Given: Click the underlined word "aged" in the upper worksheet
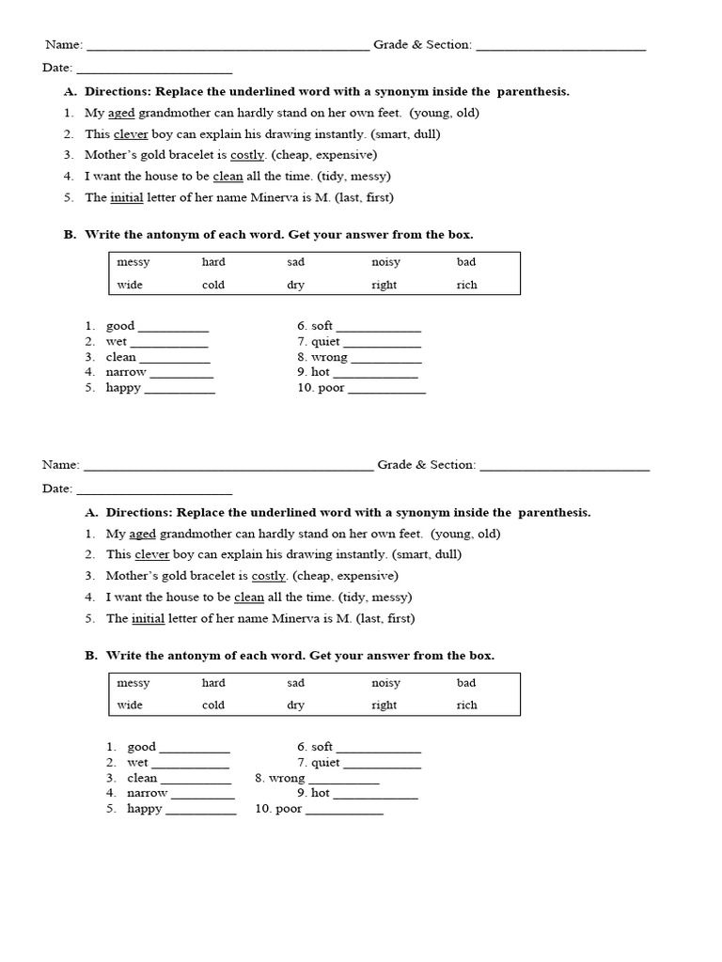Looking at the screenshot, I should [122, 113].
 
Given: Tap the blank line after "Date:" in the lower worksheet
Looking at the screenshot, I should [154, 489].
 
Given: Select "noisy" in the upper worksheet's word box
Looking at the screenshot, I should [385, 262].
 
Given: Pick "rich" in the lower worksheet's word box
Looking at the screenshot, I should [467, 705].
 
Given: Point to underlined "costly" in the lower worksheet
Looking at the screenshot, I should [269, 576].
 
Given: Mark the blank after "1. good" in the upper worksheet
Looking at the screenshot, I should [173, 327].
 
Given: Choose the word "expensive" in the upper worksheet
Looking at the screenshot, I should [346, 155].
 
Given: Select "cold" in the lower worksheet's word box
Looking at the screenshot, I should [213, 705].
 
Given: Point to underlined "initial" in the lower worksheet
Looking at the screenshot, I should [148, 618].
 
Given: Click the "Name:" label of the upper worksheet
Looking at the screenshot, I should [64, 45].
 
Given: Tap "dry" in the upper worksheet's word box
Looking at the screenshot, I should [295, 285].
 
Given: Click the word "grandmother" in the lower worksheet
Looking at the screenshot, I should [193, 534].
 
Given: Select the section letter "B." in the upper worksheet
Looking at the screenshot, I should [70, 235].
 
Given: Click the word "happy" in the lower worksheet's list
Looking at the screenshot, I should [145, 809].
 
